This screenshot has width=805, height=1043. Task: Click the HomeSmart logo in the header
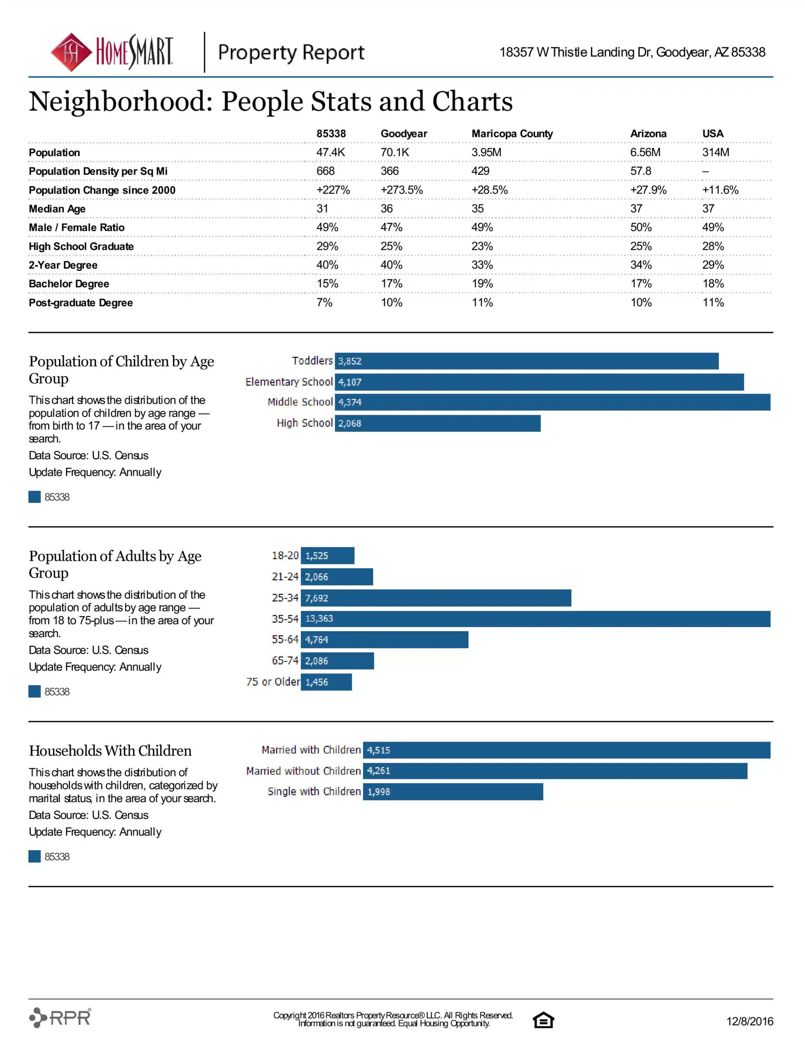click(112, 52)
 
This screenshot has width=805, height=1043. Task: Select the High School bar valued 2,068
click(437, 423)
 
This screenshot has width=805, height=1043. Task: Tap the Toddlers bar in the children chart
click(527, 361)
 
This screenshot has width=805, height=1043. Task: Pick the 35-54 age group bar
click(536, 619)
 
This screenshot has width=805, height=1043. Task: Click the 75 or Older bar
click(326, 682)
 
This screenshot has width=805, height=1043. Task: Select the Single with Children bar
click(453, 792)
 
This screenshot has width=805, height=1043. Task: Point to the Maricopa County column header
click(512, 134)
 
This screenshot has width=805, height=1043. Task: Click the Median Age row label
click(57, 209)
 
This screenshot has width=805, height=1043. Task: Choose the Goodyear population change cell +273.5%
click(401, 190)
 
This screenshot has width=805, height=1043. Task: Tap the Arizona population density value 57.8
click(641, 171)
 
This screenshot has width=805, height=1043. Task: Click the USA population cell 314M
click(716, 152)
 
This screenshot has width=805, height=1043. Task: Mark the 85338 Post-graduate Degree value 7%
click(324, 302)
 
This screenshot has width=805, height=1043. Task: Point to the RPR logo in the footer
click(60, 1017)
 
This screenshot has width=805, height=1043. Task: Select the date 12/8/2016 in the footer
click(750, 1021)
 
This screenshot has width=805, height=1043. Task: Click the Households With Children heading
click(110, 751)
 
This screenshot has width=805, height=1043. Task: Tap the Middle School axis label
click(300, 402)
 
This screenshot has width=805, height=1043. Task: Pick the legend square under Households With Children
click(34, 856)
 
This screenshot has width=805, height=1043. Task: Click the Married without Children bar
click(555, 771)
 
